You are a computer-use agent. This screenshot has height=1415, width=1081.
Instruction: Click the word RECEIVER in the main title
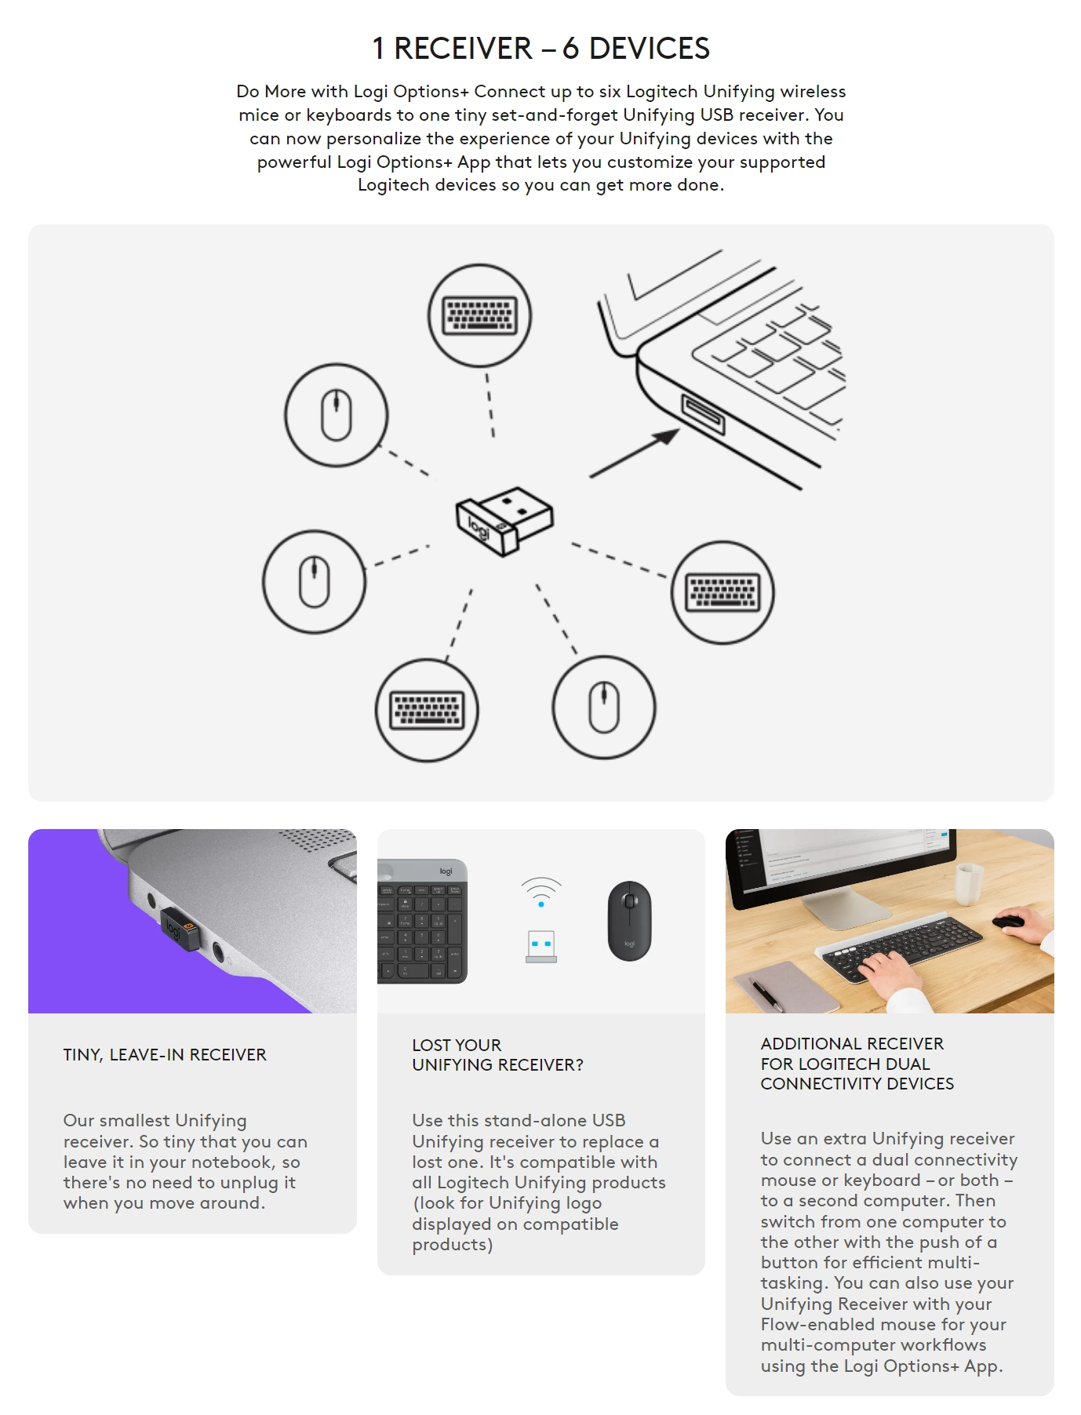click(x=463, y=49)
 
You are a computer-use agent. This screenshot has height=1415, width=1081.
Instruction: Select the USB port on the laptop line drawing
click(x=702, y=414)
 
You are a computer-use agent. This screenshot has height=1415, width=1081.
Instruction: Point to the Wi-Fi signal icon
click(x=541, y=892)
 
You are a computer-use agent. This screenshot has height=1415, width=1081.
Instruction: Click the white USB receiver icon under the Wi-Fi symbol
click(x=541, y=946)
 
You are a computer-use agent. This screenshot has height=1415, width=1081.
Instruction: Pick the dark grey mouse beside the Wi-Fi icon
click(x=629, y=920)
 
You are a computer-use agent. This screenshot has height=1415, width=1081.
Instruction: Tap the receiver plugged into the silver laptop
click(x=180, y=929)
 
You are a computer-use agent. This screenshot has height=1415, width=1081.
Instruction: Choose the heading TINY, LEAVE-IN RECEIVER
click(x=165, y=1055)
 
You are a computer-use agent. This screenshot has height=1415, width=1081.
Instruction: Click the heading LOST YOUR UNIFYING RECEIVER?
click(x=497, y=1055)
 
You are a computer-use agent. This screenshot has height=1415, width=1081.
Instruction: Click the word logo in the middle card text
click(x=581, y=1204)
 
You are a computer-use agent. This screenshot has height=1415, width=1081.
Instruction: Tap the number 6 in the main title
click(x=571, y=49)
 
